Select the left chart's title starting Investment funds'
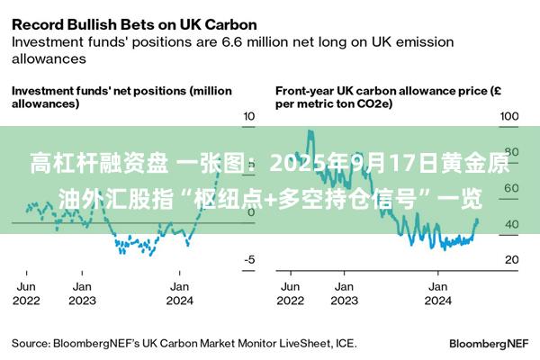point(121,97)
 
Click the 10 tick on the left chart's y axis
point(249,117)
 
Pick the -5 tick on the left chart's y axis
point(249,260)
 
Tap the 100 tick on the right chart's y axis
point(510,117)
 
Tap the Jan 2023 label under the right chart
point(343,292)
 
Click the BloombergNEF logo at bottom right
point(488,343)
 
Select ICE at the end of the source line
point(346,343)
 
